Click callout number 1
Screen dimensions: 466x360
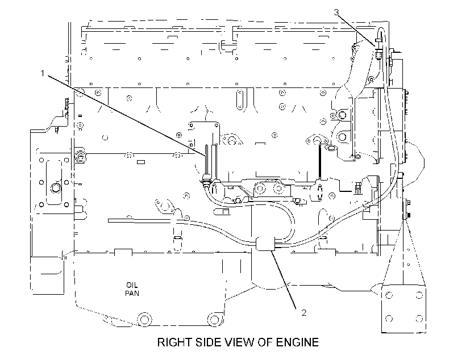pos(43,73)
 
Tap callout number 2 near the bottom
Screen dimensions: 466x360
pos(303,312)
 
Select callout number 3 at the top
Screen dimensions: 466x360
pos(336,12)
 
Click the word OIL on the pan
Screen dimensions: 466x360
pos(132,285)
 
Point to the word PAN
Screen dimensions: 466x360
pos(132,293)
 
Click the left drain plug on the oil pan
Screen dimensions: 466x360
pos(144,320)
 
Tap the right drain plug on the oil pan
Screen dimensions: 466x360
pos(215,319)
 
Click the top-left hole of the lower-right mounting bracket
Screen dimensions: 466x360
pos(389,295)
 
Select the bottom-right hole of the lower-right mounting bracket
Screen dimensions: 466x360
pos(419,319)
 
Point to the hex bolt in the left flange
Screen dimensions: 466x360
pos(55,188)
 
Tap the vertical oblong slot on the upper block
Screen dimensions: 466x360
pos(240,99)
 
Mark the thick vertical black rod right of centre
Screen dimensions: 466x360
pos(320,162)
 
